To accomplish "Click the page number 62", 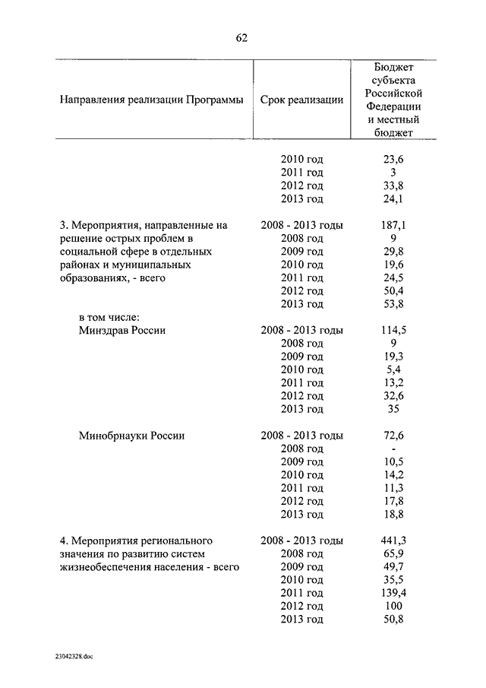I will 242,37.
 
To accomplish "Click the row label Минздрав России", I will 121,331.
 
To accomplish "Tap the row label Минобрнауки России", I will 132,436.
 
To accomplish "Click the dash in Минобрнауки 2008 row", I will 393,449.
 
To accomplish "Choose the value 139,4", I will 393,593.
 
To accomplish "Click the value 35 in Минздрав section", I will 393,409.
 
